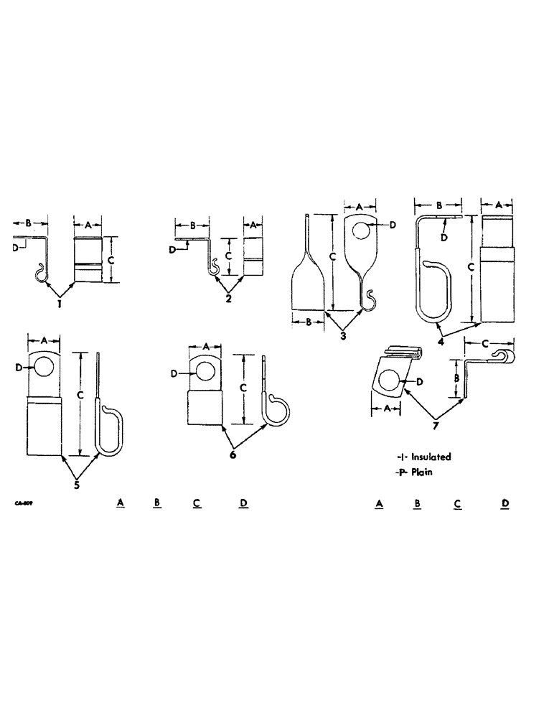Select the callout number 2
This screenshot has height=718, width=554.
click(x=228, y=298)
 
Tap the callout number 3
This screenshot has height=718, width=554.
click(x=344, y=335)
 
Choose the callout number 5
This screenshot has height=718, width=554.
click(x=77, y=483)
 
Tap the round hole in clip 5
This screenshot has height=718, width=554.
click(x=44, y=368)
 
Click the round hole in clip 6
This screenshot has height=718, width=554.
click(x=205, y=372)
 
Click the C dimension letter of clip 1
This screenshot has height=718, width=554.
click(x=111, y=260)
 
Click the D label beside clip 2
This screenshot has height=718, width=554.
click(x=172, y=249)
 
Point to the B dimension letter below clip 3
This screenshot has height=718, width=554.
click(x=309, y=323)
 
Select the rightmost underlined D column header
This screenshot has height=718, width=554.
click(x=505, y=503)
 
